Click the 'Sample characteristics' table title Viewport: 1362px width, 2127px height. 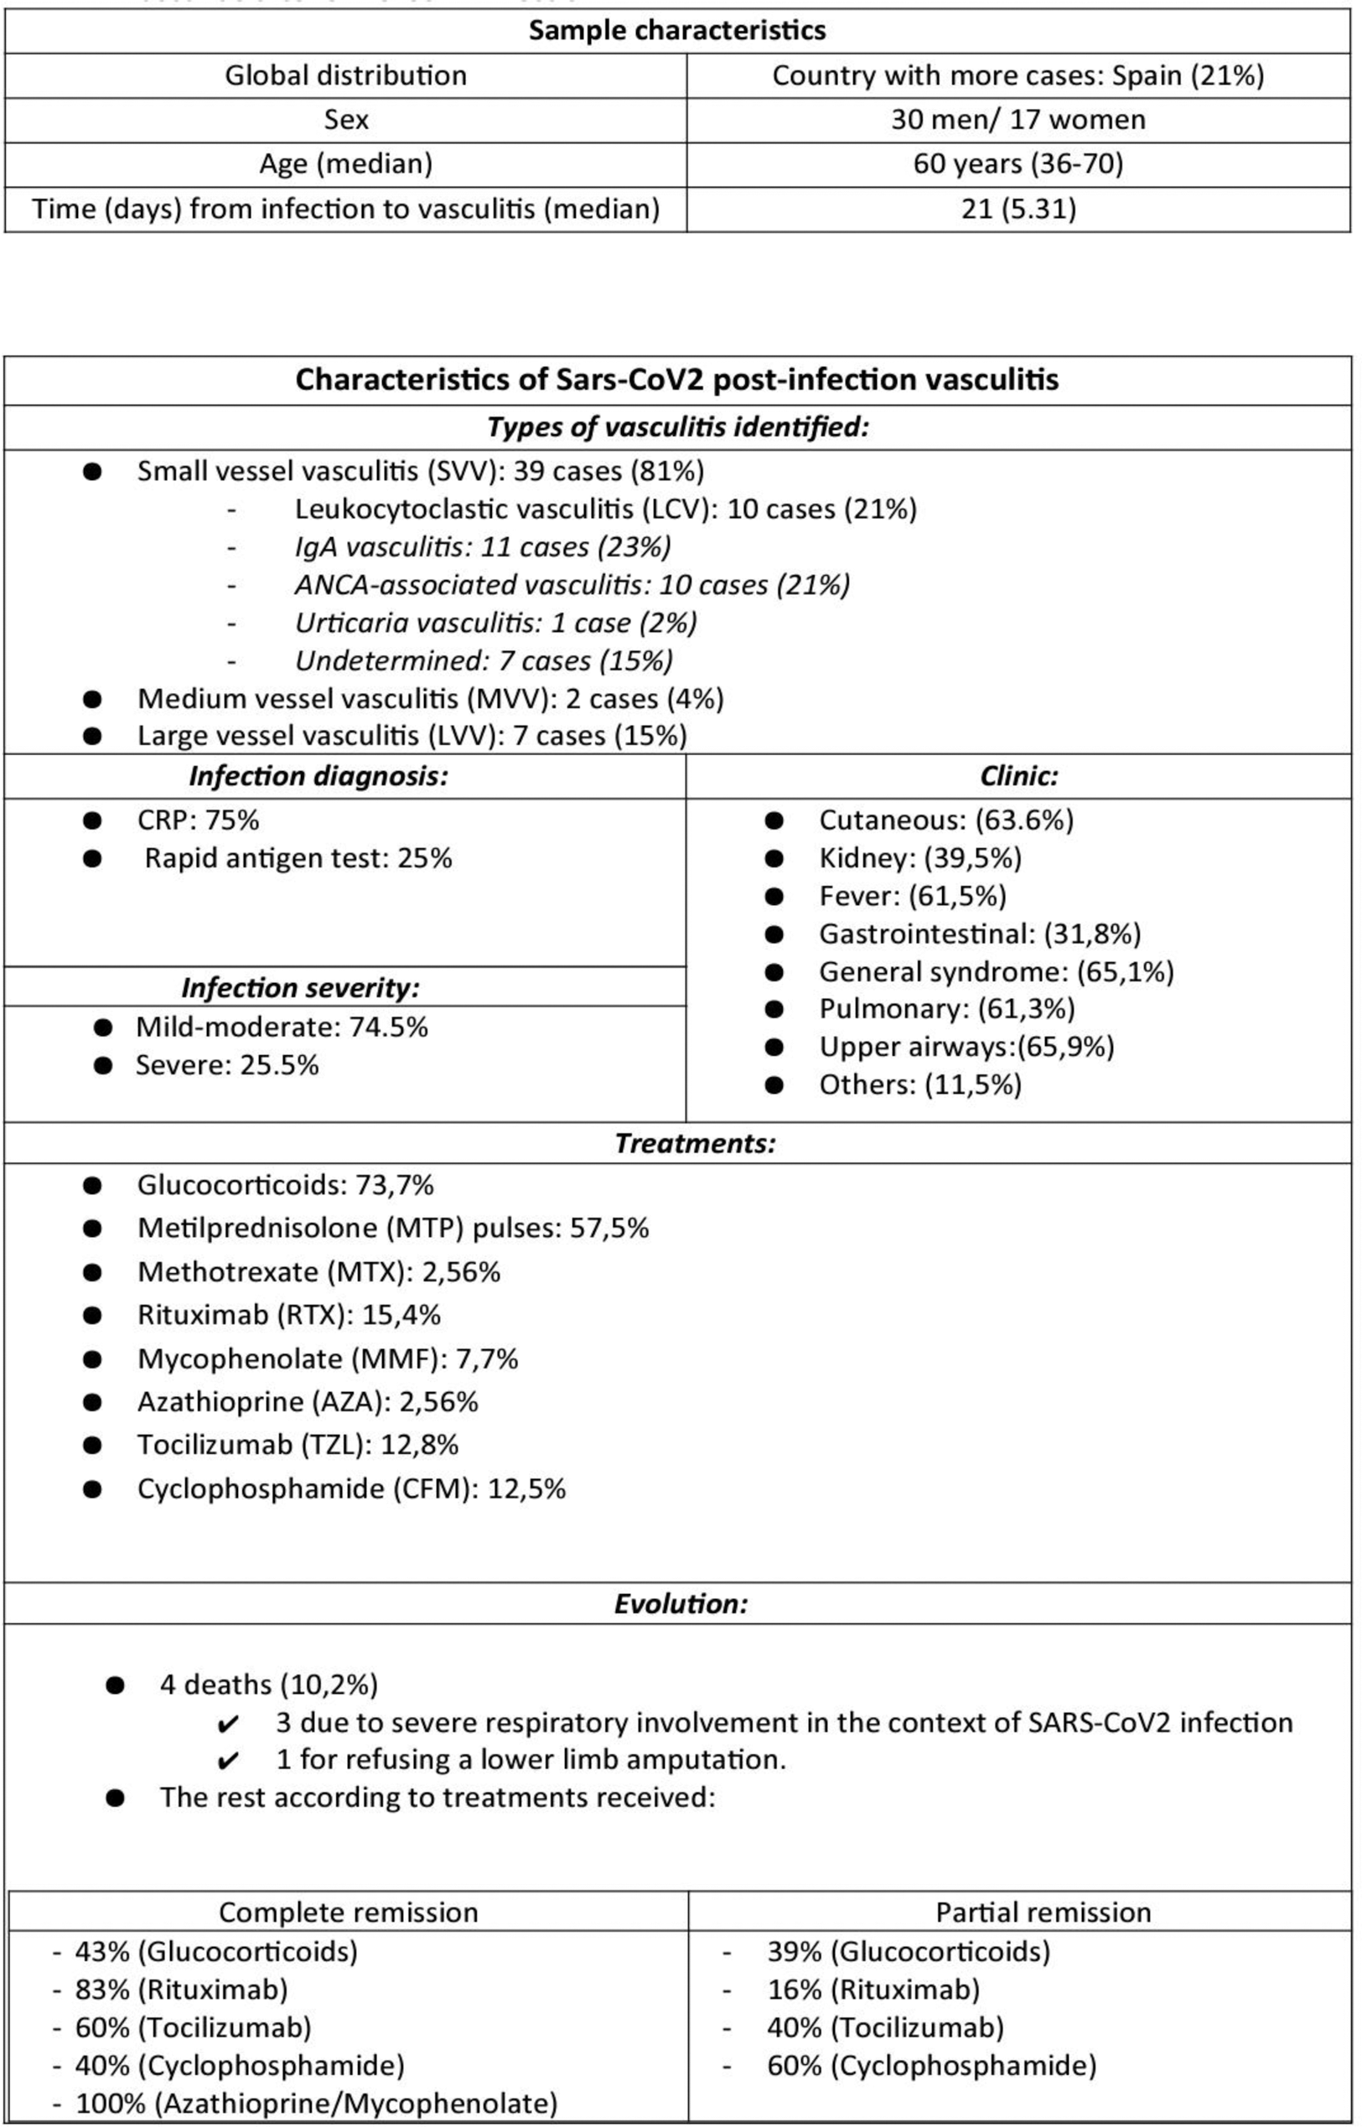tap(676, 30)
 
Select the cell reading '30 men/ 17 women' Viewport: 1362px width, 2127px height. tap(1018, 119)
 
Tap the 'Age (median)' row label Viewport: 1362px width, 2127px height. tap(345, 163)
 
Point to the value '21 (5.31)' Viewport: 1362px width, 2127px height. tap(1018, 209)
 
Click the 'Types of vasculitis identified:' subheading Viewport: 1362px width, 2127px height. tap(677, 427)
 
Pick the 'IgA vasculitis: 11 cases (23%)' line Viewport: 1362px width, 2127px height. tap(483, 547)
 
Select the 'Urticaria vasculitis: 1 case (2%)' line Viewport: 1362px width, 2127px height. tap(495, 624)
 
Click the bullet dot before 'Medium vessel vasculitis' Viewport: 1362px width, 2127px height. tap(93, 699)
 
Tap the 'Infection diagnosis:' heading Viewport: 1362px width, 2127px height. tap(318, 776)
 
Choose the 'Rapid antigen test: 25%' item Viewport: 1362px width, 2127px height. tap(298, 858)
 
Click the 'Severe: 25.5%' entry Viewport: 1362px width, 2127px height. tap(226, 1065)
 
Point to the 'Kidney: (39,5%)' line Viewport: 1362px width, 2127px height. tap(919, 858)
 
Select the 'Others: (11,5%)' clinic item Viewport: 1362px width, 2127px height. tap(919, 1084)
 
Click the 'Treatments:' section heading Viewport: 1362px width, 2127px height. tap(695, 1143)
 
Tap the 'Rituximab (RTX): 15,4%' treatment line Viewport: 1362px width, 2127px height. tap(288, 1316)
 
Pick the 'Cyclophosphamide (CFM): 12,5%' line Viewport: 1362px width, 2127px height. tap(351, 1488)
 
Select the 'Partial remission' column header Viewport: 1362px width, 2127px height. tap(1044, 1912)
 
